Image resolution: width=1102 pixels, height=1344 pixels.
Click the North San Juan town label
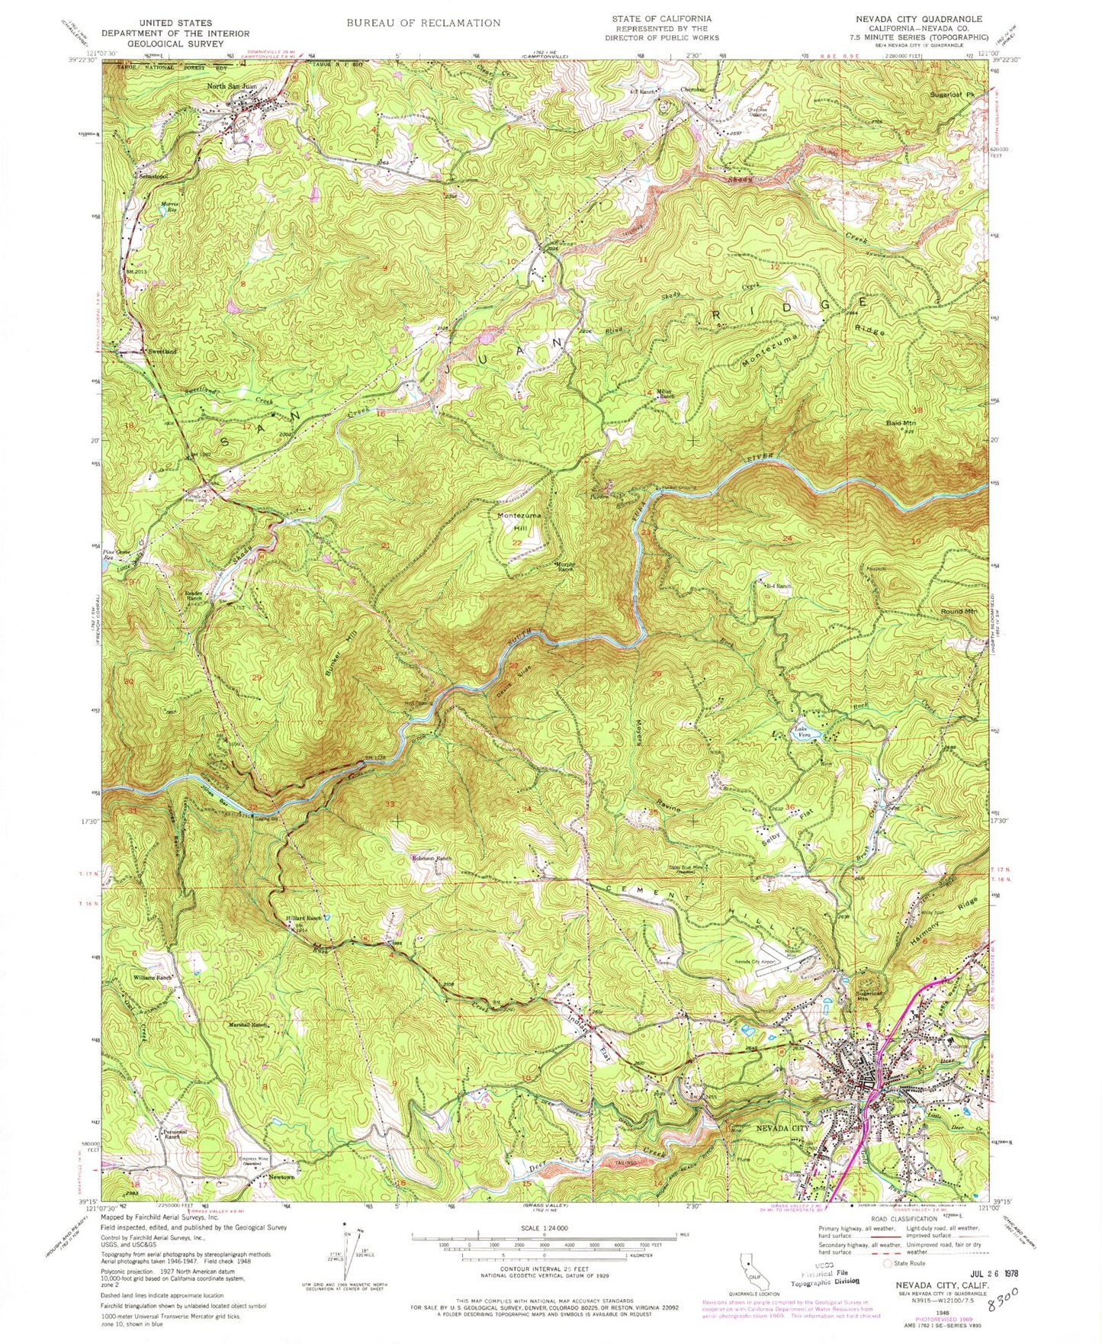238,86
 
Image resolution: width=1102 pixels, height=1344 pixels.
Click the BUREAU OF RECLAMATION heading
423,23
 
